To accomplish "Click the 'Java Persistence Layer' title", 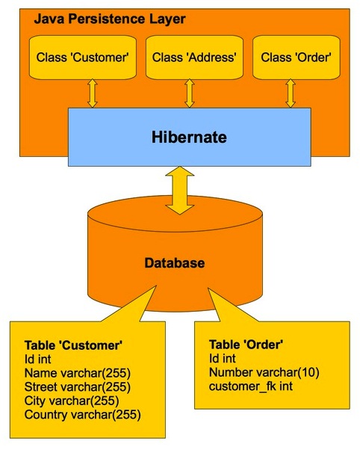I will pyautogui.click(x=109, y=17).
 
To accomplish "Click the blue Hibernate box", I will pyautogui.click(x=189, y=138).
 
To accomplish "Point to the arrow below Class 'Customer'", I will pyautogui.click(x=93, y=93).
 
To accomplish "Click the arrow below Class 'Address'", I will pyautogui.click(x=189, y=93).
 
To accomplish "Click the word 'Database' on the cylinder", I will pyautogui.click(x=175, y=263).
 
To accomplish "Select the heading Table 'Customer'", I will pyautogui.click(x=73, y=345).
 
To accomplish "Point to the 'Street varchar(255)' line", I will pyautogui.click(x=78, y=386).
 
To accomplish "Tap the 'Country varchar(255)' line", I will pyautogui.click(x=82, y=413).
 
